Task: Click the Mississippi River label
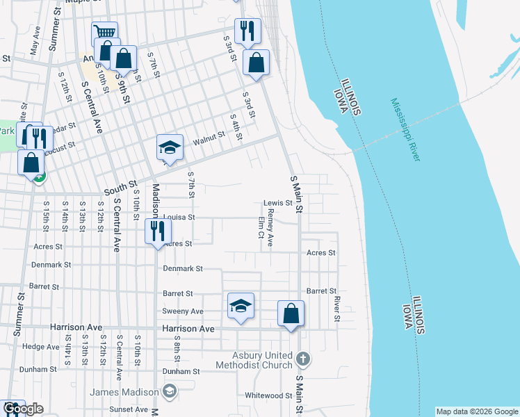click(x=405, y=130)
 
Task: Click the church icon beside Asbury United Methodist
click(x=302, y=359)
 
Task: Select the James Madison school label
click(x=124, y=392)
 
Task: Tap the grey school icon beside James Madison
click(x=169, y=393)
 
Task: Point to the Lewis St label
click(x=277, y=203)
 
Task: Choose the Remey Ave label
click(x=271, y=228)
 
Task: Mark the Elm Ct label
click(x=261, y=228)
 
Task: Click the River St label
click(x=336, y=309)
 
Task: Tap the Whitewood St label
click(x=268, y=395)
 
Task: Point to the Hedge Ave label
click(x=41, y=346)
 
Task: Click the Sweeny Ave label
click(x=183, y=311)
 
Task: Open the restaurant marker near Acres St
click(x=158, y=231)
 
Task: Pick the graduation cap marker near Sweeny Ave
click(x=241, y=306)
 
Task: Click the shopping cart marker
click(x=104, y=33)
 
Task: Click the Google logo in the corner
click(x=22, y=409)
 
